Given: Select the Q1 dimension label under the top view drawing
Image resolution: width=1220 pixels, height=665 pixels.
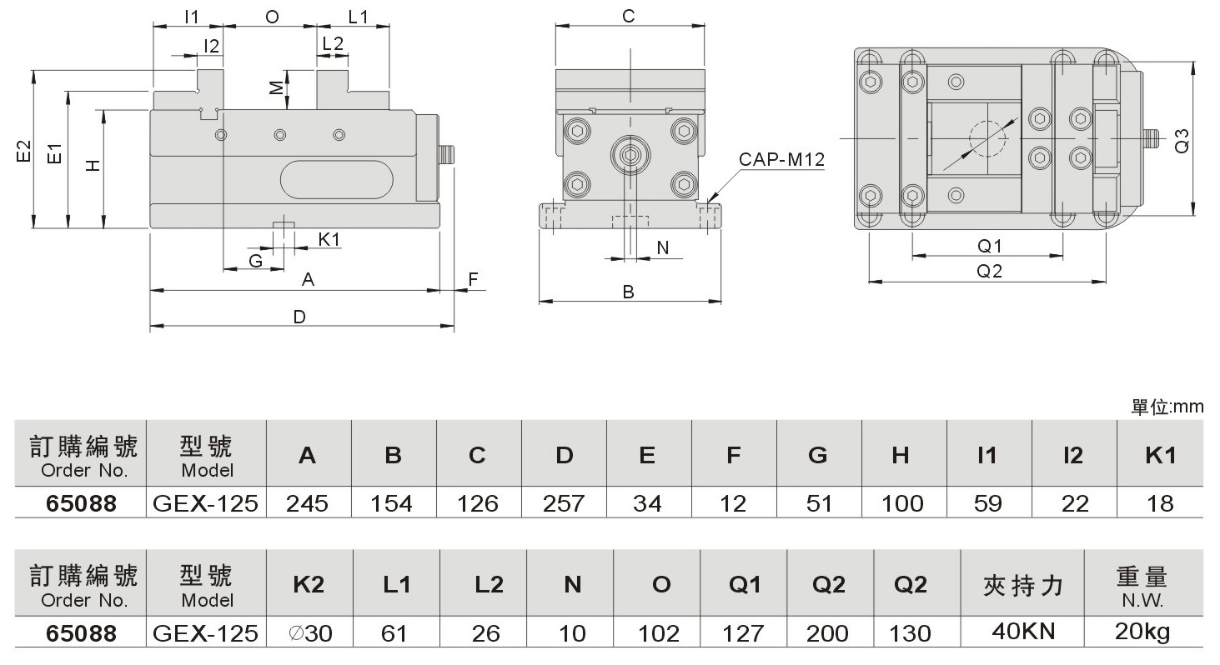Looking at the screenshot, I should click(x=989, y=245).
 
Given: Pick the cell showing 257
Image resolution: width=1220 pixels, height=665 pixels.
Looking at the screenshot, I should click(x=564, y=503).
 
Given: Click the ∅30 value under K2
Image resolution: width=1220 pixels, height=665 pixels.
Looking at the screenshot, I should click(x=310, y=633).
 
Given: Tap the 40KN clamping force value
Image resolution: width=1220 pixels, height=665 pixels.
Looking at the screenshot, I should click(x=1023, y=631).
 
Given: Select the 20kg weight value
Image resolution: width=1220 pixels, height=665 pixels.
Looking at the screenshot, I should click(x=1142, y=631).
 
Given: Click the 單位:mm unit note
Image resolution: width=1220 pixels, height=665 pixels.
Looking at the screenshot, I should click(x=1167, y=407).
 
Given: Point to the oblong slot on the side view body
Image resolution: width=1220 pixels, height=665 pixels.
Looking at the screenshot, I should click(x=336, y=180).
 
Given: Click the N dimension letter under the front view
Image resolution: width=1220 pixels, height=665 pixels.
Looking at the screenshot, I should click(x=663, y=247).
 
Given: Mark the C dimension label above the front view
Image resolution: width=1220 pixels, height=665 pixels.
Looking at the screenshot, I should click(x=629, y=16).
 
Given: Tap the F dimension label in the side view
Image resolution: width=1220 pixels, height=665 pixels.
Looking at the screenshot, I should click(x=473, y=279).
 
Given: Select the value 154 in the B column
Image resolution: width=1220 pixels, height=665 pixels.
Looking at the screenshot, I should click(x=394, y=503).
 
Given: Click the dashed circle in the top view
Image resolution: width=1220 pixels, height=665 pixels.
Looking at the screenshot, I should click(x=988, y=139).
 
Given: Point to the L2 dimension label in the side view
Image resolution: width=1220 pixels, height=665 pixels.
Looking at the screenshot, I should click(x=333, y=45).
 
